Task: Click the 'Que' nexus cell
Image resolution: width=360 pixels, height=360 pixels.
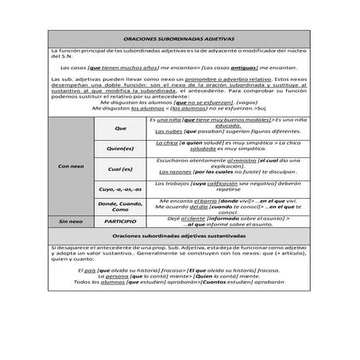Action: [x=121, y=127]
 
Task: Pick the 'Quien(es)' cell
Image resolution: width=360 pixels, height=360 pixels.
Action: [x=121, y=148]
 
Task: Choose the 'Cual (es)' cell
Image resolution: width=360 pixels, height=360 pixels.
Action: [x=121, y=168]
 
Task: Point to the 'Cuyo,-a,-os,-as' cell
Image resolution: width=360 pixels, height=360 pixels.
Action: [x=121, y=190]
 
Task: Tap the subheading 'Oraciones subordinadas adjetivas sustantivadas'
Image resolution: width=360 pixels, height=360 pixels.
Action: [x=180, y=236]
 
